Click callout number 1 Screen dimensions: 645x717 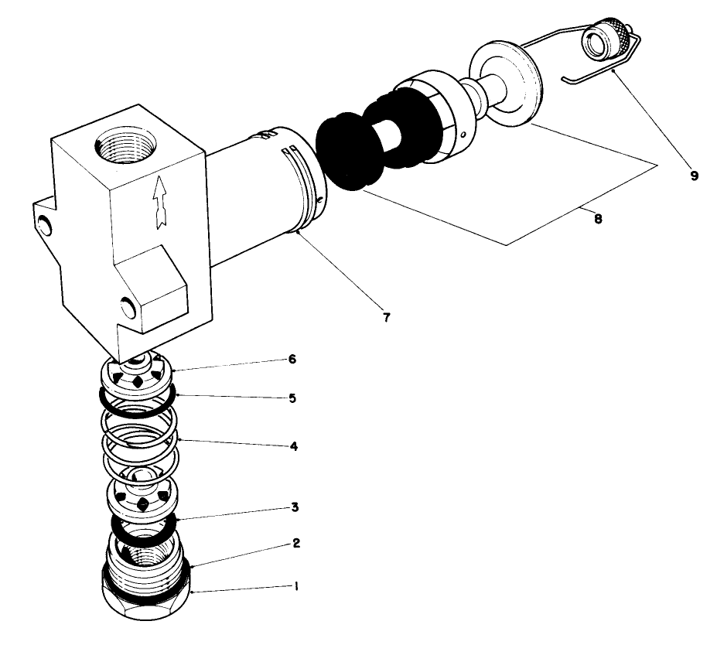(295, 586)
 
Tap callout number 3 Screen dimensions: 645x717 (295, 507)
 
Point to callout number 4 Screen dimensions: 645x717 (295, 446)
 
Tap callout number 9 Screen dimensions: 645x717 (694, 176)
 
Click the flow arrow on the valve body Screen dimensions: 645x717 (160, 202)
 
